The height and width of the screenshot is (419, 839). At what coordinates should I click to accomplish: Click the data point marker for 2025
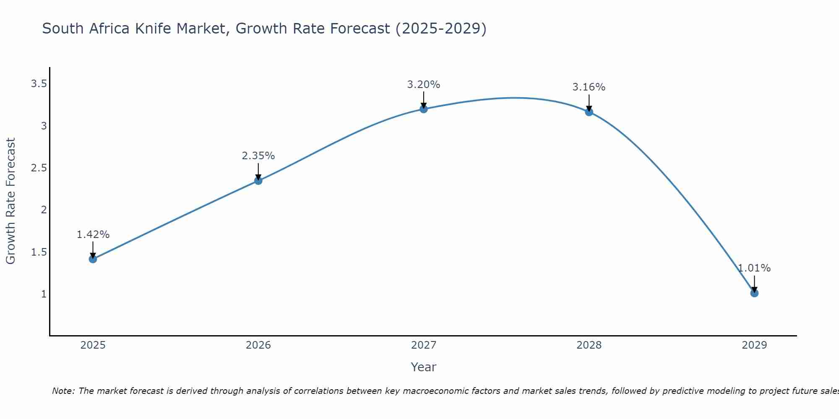93,259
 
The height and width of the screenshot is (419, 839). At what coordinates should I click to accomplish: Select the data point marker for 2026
258,181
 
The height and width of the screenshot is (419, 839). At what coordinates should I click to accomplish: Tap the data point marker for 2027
424,109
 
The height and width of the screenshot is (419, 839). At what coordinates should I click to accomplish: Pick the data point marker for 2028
589,112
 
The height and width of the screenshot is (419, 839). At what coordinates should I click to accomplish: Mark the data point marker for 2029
754,293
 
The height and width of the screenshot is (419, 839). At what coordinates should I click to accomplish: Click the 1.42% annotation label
93,235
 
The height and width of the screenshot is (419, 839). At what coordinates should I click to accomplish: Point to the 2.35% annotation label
258,156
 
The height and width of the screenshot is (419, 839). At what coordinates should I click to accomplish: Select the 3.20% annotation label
424,85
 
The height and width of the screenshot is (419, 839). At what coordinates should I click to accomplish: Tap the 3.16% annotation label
589,87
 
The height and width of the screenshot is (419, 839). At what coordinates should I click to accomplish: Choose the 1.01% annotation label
754,268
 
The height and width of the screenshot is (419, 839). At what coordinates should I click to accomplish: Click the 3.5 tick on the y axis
39,84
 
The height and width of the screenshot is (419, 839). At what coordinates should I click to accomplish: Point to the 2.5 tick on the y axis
39,168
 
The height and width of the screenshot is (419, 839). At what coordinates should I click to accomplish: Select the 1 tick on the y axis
44,294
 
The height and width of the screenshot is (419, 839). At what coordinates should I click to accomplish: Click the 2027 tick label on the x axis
424,345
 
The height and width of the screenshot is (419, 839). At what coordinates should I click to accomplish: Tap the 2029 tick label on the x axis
754,345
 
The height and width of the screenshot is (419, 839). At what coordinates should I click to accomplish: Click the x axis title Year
424,367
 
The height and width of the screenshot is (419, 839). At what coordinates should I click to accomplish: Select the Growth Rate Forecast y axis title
11,201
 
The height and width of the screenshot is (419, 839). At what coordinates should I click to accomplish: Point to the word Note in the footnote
63,391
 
